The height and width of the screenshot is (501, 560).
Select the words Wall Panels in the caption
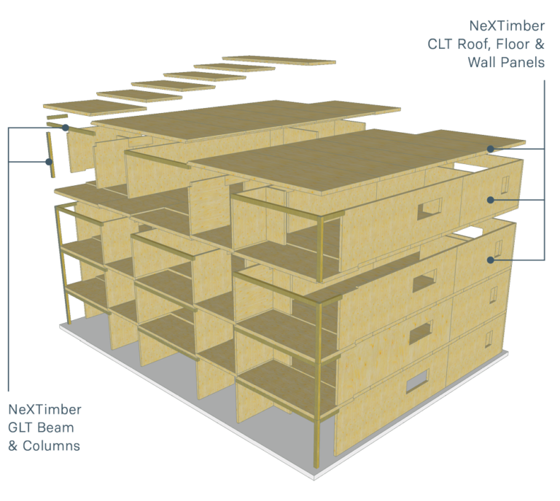506,62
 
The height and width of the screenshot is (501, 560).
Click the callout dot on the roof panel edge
492,149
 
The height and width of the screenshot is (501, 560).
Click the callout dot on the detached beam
66,128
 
